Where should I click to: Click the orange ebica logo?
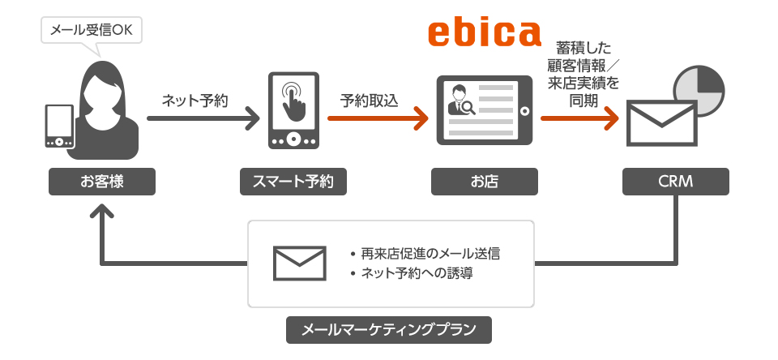pos(484,33)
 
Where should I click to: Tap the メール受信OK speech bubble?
pos(91,32)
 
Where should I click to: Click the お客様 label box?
pos(102,182)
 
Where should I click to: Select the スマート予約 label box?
pos(293,182)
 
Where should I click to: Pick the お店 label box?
pos(485,182)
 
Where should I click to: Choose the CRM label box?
pos(676,182)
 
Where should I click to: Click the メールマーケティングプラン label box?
pos(389,330)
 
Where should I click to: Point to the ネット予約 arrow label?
pos(194,101)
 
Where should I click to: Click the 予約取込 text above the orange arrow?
pos(370,101)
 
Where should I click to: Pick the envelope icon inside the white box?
pos(300,264)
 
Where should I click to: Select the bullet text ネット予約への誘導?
pos(417,274)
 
